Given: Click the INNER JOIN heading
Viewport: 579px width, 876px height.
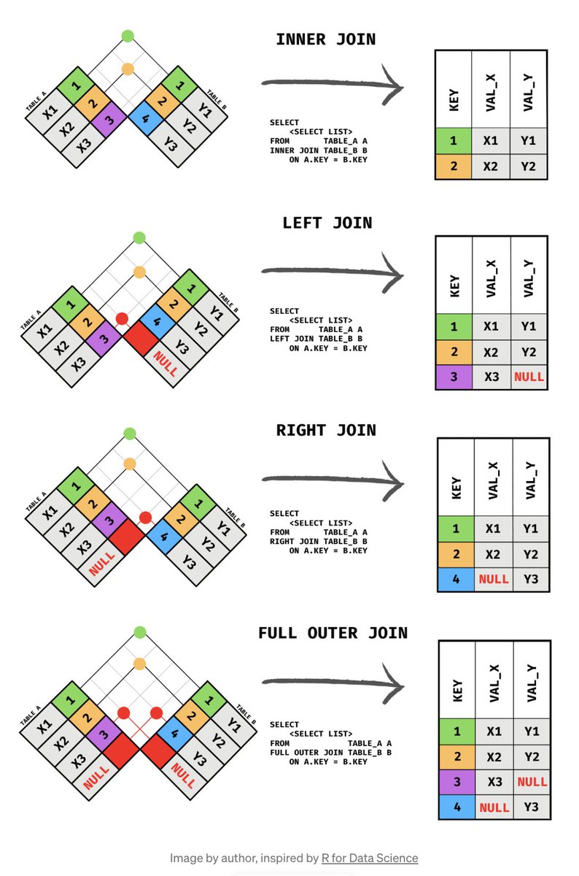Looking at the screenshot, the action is [325, 39].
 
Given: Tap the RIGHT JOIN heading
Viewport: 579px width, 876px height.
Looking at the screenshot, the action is [326, 430].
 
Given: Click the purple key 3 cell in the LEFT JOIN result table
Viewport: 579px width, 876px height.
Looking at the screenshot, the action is [454, 377].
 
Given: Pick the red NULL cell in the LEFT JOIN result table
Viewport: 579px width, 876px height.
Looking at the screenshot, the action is [529, 377].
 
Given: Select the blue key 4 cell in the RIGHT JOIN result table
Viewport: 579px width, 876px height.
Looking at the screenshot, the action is [456, 580].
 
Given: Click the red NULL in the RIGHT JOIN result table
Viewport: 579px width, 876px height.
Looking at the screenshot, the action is [494, 580].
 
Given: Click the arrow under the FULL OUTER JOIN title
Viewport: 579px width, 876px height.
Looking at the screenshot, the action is [332, 682].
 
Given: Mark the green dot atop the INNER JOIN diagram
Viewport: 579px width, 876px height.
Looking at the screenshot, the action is [128, 35].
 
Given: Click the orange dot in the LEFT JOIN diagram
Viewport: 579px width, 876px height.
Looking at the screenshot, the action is [139, 272].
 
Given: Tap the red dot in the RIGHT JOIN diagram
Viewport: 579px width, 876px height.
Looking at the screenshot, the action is [145, 518].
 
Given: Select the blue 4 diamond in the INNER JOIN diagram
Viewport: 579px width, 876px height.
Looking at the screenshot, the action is [144, 117].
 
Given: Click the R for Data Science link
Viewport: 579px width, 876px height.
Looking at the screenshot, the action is [370, 858].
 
